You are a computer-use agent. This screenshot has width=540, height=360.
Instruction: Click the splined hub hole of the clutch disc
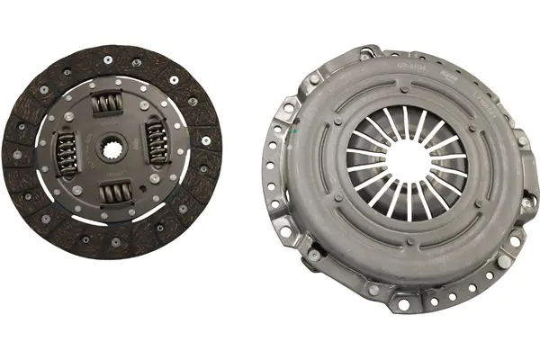[113, 150]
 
